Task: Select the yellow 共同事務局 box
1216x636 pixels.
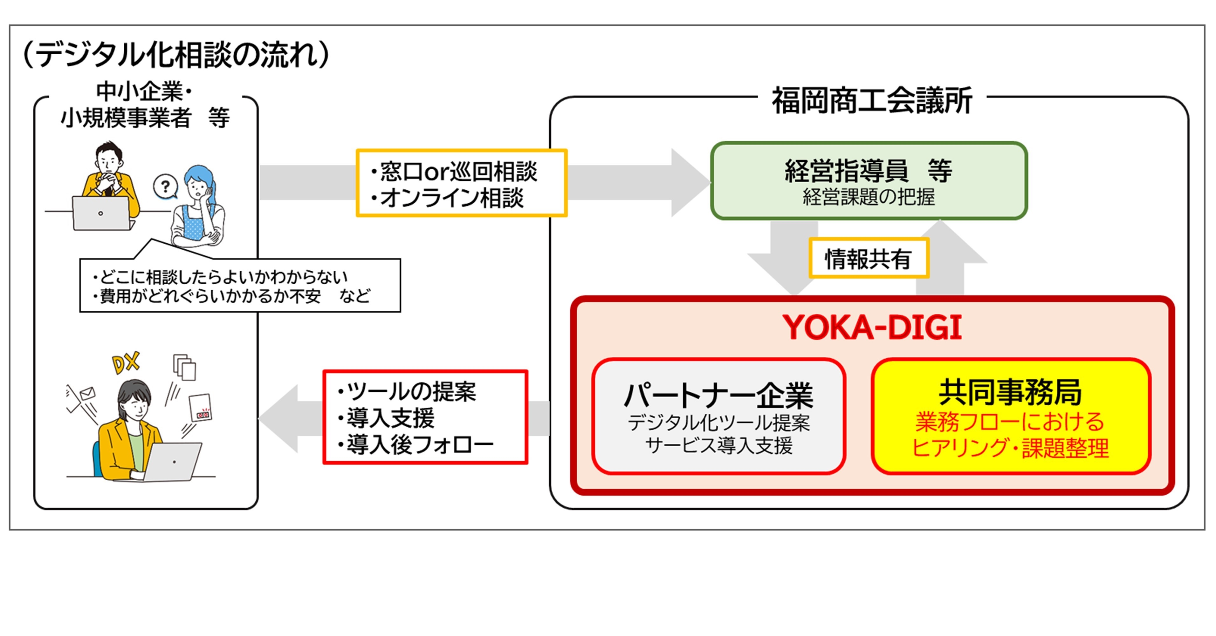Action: pyautogui.click(x=1011, y=416)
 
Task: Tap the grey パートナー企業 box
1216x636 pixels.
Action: pyautogui.click(x=718, y=416)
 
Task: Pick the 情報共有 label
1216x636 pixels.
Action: pyautogui.click(x=869, y=259)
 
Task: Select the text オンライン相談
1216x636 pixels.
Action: pyautogui.click(x=452, y=198)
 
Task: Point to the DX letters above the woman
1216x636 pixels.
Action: pyautogui.click(x=126, y=362)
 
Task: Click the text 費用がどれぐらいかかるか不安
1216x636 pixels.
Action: pyautogui.click(x=210, y=296)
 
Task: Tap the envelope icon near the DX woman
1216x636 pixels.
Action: pyautogui.click(x=88, y=393)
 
